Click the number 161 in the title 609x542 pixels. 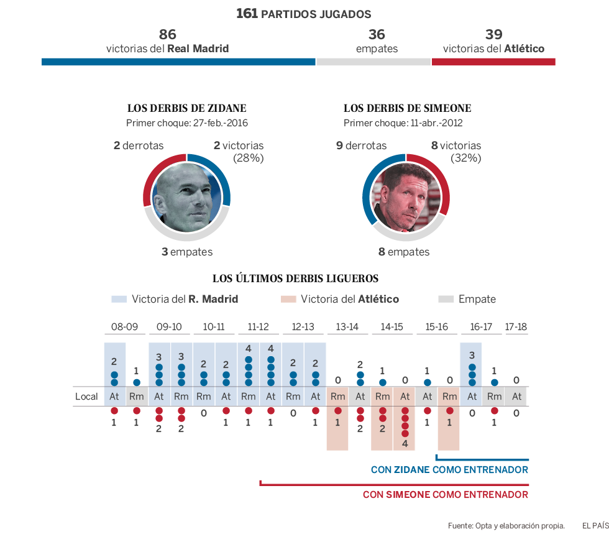click(x=247, y=13)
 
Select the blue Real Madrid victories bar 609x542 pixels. click(x=178, y=62)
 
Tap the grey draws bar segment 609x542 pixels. click(x=373, y=62)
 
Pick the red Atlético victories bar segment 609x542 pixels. click(x=493, y=62)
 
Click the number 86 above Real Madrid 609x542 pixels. click(x=168, y=34)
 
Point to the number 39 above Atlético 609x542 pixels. click(x=494, y=34)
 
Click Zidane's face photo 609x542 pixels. click(x=187, y=196)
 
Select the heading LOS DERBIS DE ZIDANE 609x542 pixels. click(x=187, y=108)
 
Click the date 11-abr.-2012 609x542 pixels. click(x=436, y=123)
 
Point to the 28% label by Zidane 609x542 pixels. click(x=249, y=158)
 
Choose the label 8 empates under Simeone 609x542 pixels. click(x=404, y=252)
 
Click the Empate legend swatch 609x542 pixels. click(x=446, y=299)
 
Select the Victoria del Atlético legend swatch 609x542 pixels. click(x=288, y=299)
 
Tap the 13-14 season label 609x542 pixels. click(x=347, y=326)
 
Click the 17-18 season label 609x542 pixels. click(x=516, y=326)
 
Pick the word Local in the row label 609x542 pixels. click(x=86, y=397)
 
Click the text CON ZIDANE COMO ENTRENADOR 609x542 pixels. click(x=449, y=470)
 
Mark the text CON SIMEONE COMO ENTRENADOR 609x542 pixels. click(x=446, y=495)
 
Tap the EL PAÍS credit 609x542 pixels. click(x=595, y=526)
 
